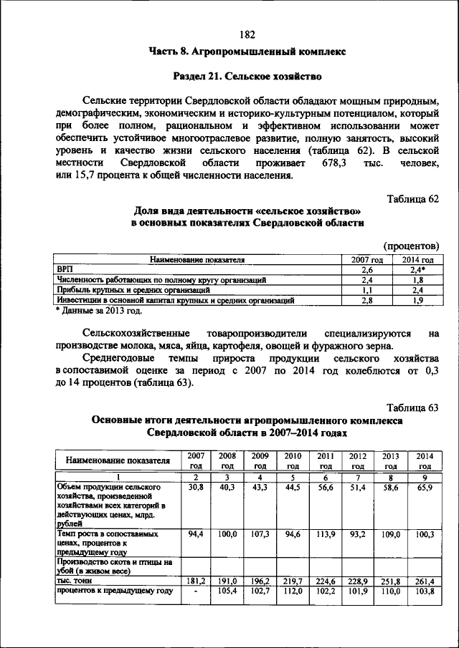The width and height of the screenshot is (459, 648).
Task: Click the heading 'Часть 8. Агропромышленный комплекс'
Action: pyautogui.click(x=247, y=52)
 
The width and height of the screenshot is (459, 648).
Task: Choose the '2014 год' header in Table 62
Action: pyautogui.click(x=417, y=260)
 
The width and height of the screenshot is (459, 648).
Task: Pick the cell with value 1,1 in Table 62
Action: pyautogui.click(x=366, y=291)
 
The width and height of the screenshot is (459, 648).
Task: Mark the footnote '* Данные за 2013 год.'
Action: pyautogui.click(x=100, y=311)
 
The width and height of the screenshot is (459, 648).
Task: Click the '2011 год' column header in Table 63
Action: pyautogui.click(x=326, y=460)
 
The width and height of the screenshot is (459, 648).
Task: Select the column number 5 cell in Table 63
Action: pyautogui.click(x=292, y=477)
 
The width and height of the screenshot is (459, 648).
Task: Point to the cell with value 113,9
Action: pyautogui.click(x=326, y=534)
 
